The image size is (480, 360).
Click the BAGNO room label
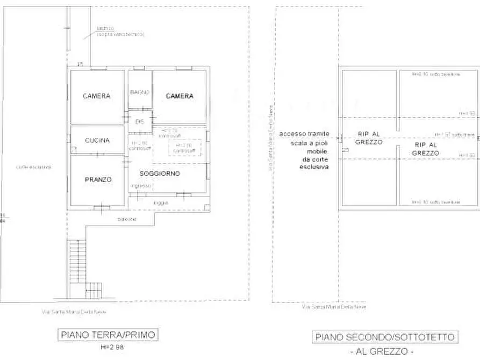(x=139, y=92)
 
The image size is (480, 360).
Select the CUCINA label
(x=97, y=140)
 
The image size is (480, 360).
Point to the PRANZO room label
(x=97, y=179)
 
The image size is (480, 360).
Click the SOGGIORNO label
(x=160, y=174)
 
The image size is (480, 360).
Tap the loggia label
(x=160, y=203)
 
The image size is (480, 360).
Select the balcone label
(x=127, y=219)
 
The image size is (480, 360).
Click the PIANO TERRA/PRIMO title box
(x=108, y=335)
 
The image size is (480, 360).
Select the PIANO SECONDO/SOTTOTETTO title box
(x=385, y=337)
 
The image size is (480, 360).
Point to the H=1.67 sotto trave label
(x=454, y=134)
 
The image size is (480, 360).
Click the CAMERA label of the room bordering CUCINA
(x=97, y=96)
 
